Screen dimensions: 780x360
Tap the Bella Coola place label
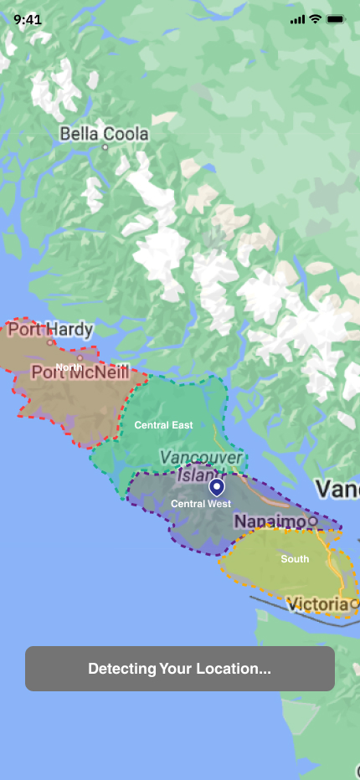pyautogui.click(x=104, y=134)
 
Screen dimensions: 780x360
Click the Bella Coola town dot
pyautogui.click(x=105, y=147)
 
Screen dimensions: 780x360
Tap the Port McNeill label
pyautogui.click(x=80, y=372)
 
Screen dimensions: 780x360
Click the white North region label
pyautogui.click(x=69, y=367)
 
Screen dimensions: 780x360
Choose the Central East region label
pyautogui.click(x=164, y=425)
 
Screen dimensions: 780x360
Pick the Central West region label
pyautogui.click(x=201, y=504)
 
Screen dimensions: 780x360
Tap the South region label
pyautogui.click(x=295, y=559)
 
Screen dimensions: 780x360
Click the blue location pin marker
pyautogui.click(x=217, y=487)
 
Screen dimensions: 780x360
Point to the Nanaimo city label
pyautogui.click(x=270, y=521)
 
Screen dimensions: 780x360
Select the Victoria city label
pyautogui.click(x=316, y=603)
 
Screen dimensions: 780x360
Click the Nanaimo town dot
pyautogui.click(x=312, y=521)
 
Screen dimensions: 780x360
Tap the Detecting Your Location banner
pyautogui.click(x=180, y=669)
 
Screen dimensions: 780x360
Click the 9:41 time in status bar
pyautogui.click(x=28, y=18)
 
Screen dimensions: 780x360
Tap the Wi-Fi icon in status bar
pyautogui.click(x=316, y=18)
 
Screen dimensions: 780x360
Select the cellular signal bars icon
pyautogui.click(x=297, y=18)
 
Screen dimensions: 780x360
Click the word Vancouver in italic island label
pyautogui.click(x=201, y=458)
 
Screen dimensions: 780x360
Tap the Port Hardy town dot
pyautogui.click(x=50, y=341)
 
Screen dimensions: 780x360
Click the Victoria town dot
pyautogui.click(x=354, y=603)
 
